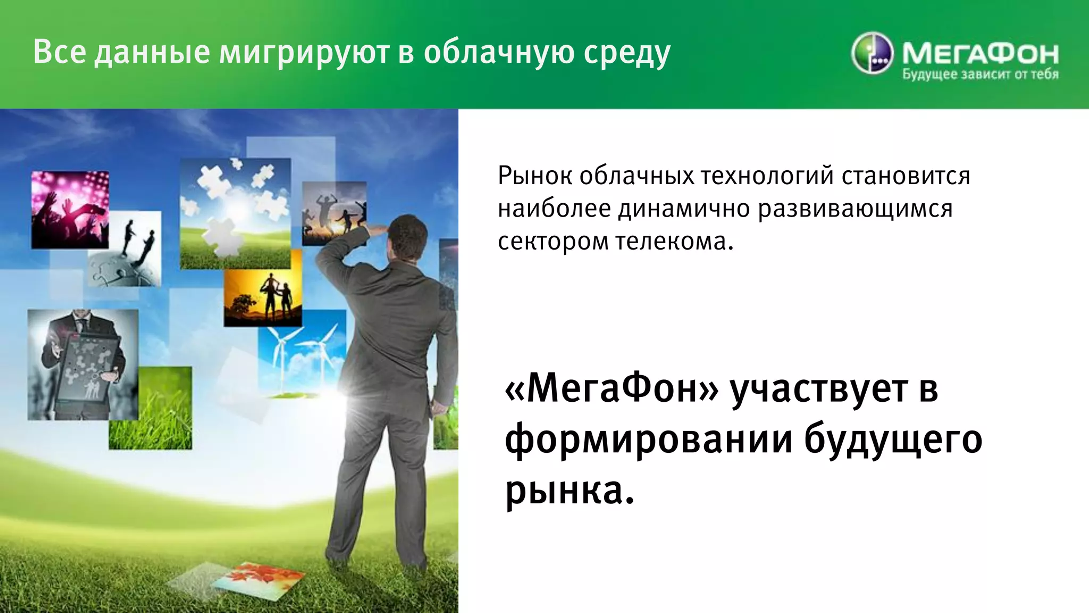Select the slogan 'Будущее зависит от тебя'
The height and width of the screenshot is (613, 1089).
(x=980, y=74)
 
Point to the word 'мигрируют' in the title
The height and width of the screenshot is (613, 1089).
(x=303, y=53)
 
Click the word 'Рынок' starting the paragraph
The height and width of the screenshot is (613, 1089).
(x=534, y=176)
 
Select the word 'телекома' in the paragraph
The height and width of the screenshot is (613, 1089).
(x=674, y=242)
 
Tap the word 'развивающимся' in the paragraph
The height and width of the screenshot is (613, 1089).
(x=855, y=209)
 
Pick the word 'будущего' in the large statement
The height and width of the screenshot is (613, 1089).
(x=893, y=440)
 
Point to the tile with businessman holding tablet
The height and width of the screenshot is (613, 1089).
(x=82, y=365)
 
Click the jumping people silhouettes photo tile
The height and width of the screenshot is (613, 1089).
(x=334, y=213)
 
